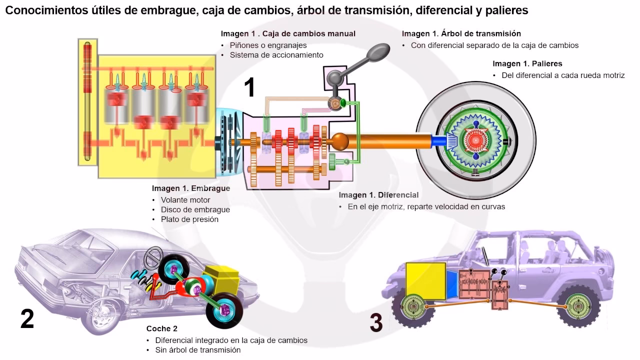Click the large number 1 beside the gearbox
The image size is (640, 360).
[x=249, y=87]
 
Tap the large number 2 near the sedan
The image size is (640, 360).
[x=27, y=319]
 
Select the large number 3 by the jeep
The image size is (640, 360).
[x=376, y=323]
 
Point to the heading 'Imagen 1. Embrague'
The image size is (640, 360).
[x=191, y=188]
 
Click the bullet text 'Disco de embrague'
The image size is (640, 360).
[x=195, y=209]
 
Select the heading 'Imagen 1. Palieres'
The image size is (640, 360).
[x=527, y=63]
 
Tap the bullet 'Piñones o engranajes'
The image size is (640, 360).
[x=268, y=45]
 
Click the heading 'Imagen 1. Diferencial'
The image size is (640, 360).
[x=378, y=195]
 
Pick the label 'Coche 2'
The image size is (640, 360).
[x=161, y=328]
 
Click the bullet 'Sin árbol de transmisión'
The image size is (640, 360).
[x=201, y=350]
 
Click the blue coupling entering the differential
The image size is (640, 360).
[x=439, y=141]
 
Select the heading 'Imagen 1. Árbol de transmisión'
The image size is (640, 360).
[x=461, y=33]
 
